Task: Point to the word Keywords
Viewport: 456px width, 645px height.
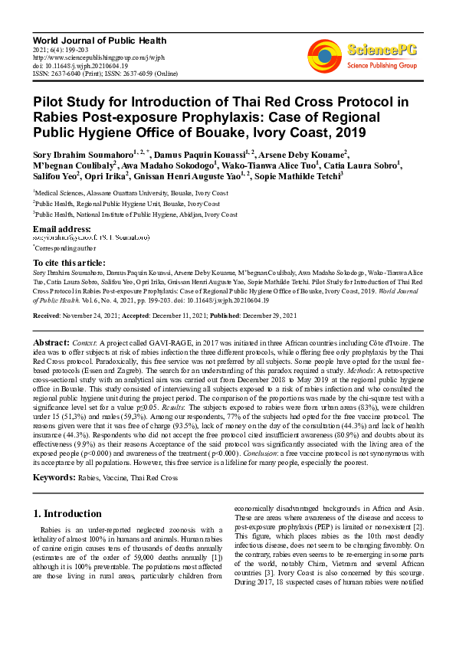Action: [54, 477]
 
